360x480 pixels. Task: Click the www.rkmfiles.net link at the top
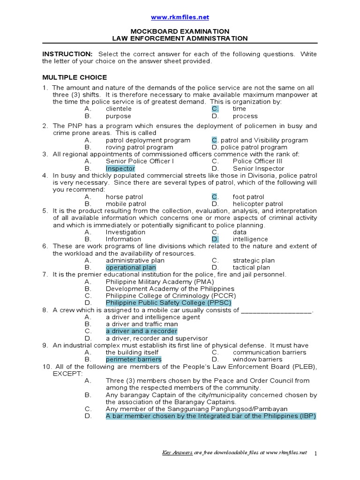pyautogui.click(x=180, y=17)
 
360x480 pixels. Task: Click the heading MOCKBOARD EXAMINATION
pyautogui.click(x=180, y=31)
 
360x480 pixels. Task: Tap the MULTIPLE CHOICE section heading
pyautogui.click(x=75, y=77)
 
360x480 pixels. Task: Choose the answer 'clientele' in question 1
pyautogui.click(x=119, y=109)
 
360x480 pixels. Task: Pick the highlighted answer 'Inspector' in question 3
pyautogui.click(x=120, y=168)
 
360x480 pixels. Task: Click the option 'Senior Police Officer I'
pyautogui.click(x=140, y=161)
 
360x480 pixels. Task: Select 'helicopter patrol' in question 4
pyautogui.click(x=258, y=204)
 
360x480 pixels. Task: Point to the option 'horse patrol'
pyautogui.click(x=124, y=197)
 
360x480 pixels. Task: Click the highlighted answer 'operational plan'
pyautogui.click(x=131, y=268)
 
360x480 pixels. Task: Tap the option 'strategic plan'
pyautogui.click(x=254, y=261)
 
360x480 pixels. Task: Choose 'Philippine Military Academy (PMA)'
pyautogui.click(x=160, y=282)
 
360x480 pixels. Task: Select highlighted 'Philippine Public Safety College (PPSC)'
pyautogui.click(x=168, y=303)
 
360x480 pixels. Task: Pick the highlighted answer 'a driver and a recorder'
pyautogui.click(x=142, y=331)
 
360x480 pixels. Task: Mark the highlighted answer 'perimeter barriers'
pyautogui.click(x=134, y=360)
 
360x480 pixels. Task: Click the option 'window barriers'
pyautogui.click(x=257, y=360)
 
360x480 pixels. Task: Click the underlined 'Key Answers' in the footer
pyautogui.click(x=177, y=452)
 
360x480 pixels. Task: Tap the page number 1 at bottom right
pyautogui.click(x=315, y=453)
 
